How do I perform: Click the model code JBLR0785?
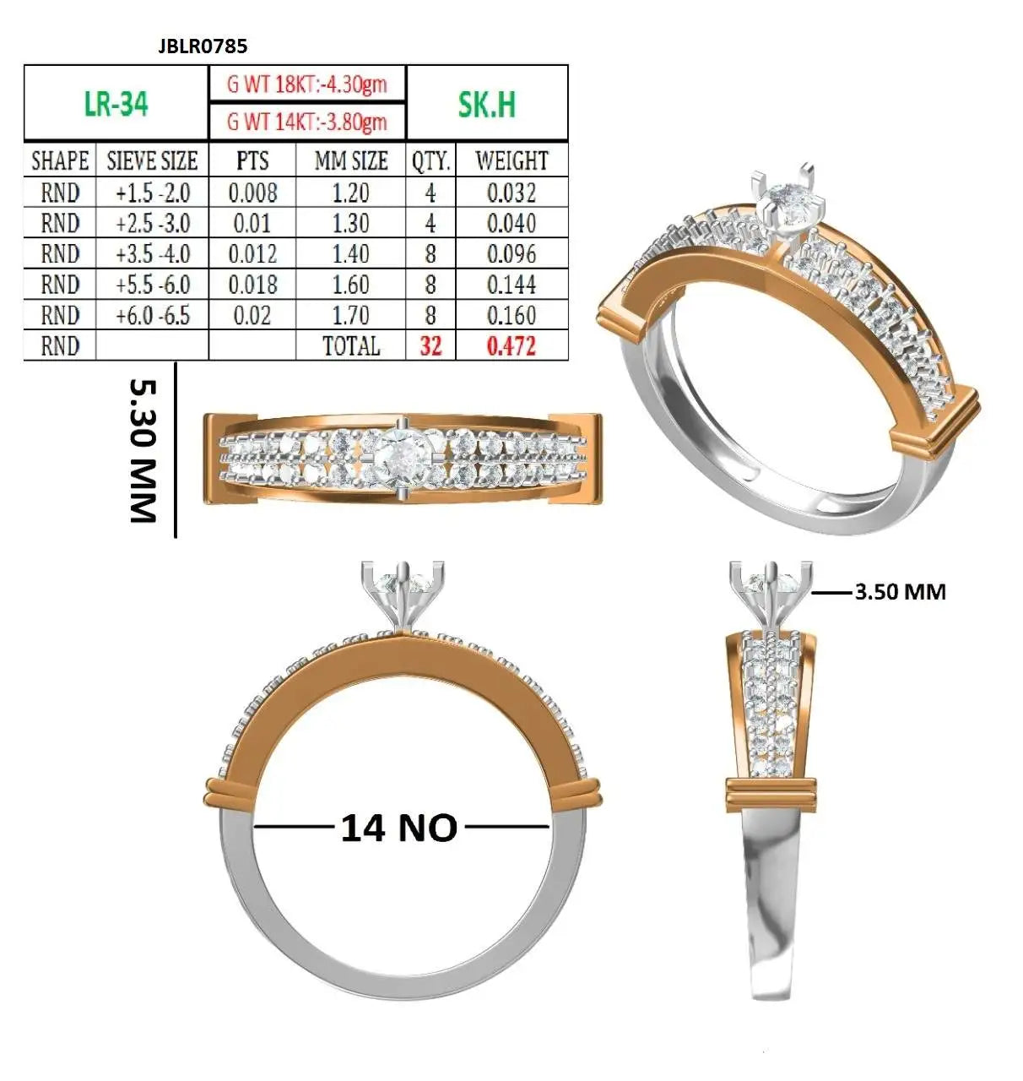click(203, 46)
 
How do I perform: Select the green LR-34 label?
click(116, 103)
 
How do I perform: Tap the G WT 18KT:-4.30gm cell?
click(306, 84)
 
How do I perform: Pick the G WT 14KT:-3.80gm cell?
click(306, 122)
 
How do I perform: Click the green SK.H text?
click(486, 104)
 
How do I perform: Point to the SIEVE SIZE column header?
click(152, 160)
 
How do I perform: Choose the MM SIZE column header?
click(351, 160)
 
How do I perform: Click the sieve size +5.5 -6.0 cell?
click(153, 285)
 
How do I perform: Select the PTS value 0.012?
click(252, 254)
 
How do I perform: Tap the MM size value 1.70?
click(351, 316)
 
